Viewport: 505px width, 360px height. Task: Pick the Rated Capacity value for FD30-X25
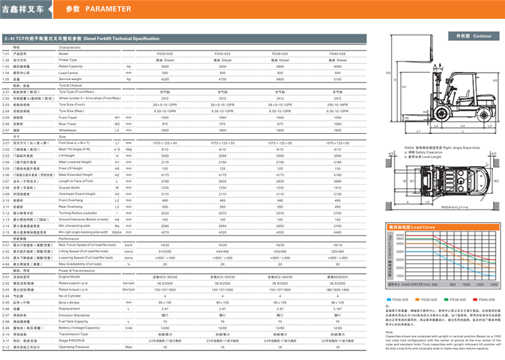(165, 67)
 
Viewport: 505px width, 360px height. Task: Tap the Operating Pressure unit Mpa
(128, 347)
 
